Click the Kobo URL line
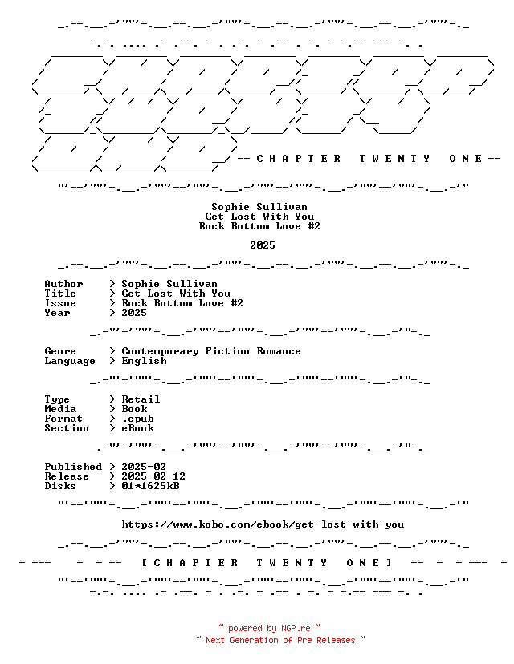pyautogui.click(x=263, y=524)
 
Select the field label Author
pyautogui.click(x=63, y=284)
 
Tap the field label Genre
pyautogui.click(x=60, y=351)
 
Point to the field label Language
pyautogui.click(x=70, y=361)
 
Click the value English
pyautogui.click(x=145, y=361)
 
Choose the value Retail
pyautogui.click(x=141, y=399)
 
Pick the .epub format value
pyautogui.click(x=138, y=419)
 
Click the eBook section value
pyautogui.click(x=138, y=428)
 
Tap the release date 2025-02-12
pyautogui.click(x=153, y=476)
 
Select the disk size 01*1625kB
pyautogui.click(x=150, y=486)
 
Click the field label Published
pyautogui.click(x=73, y=467)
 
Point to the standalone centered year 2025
pyautogui.click(x=263, y=245)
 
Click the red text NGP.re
pyautogui.click(x=296, y=628)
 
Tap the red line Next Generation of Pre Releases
pyautogui.click(x=280, y=640)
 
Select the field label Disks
pyautogui.click(x=60, y=486)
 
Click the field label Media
pyautogui.click(x=60, y=409)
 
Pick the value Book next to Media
pyautogui.click(x=134, y=409)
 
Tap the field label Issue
pyautogui.click(x=60, y=303)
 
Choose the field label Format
pyautogui.click(x=63, y=419)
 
